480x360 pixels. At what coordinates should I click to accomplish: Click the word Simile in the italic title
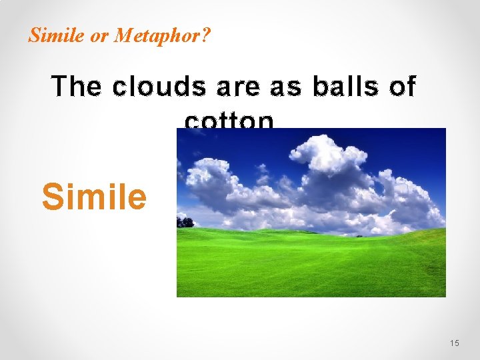[x=57, y=35]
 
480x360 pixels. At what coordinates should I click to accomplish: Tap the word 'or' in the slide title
[x=99, y=35]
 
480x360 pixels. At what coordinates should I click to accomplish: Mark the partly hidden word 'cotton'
[x=229, y=121]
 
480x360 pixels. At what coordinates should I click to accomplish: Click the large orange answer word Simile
[x=94, y=196]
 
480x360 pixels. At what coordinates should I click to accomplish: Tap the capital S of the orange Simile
[x=52, y=196]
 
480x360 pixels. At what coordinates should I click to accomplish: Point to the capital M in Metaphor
[x=121, y=35]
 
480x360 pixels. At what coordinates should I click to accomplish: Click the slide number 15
[x=455, y=343]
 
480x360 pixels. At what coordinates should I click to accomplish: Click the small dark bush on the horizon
[x=359, y=235]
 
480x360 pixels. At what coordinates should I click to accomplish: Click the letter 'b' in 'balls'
[x=321, y=87]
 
